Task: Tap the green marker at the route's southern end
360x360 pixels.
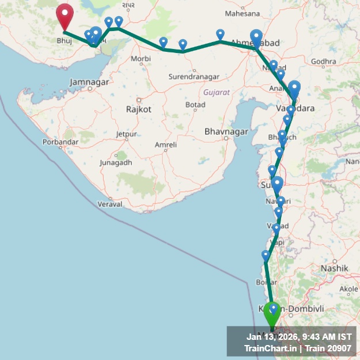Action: [x=271, y=314]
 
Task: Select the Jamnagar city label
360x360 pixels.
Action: [x=89, y=82]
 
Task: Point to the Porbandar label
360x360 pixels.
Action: [x=60, y=142]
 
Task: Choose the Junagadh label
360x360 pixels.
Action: [x=116, y=162]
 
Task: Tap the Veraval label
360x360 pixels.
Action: [x=110, y=204]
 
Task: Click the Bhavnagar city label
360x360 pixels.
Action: [x=226, y=132]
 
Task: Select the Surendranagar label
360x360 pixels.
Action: [x=194, y=77]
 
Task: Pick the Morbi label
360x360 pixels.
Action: [x=141, y=59]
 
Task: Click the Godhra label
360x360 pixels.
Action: [x=323, y=62]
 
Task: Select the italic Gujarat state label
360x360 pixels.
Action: [x=217, y=92]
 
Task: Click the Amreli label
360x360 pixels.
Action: [x=165, y=145]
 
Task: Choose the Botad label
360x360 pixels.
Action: [x=195, y=104]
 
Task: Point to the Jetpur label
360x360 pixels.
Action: [x=126, y=134]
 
